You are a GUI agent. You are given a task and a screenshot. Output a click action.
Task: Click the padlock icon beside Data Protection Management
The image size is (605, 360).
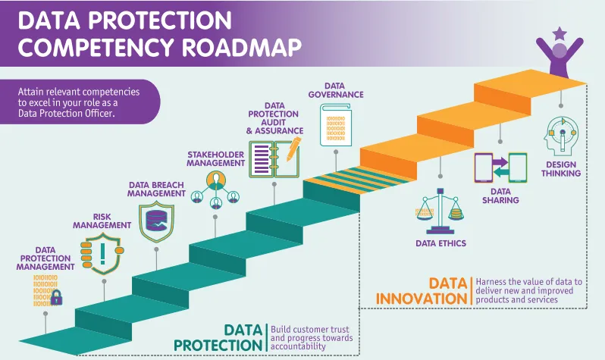[x=57, y=296]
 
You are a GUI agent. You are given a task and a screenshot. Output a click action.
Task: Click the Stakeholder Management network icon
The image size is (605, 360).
[x=215, y=189]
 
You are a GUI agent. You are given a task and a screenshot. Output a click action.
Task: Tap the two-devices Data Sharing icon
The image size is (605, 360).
[x=500, y=169]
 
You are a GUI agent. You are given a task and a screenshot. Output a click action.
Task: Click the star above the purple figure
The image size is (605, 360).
[x=560, y=33]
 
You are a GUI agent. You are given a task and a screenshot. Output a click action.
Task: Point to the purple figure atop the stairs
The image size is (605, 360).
[x=560, y=59]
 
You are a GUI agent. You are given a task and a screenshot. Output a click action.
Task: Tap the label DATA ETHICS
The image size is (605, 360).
[x=440, y=243]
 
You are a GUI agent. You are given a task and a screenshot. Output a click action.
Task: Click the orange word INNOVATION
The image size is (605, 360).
[x=422, y=299]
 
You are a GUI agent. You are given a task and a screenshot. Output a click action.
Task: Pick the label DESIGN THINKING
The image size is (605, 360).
[x=561, y=168]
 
